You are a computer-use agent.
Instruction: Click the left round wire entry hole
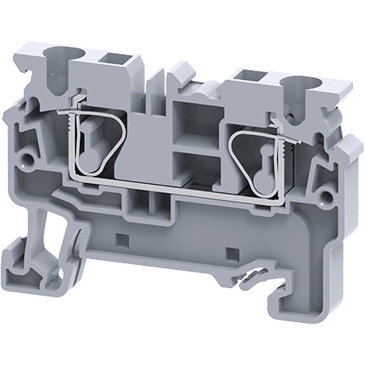tap(58, 55)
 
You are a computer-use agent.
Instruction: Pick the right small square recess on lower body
tap(230, 252)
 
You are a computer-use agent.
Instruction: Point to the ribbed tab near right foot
tap(252, 276)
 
